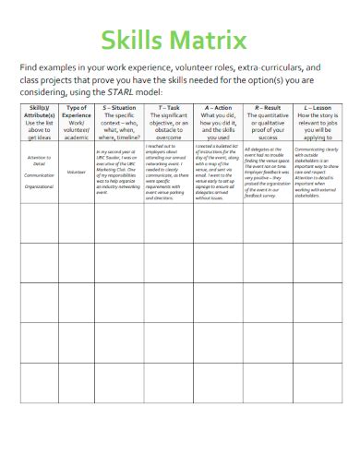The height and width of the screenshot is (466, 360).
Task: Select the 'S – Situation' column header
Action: click(120, 109)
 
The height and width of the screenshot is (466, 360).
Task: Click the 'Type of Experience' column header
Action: click(76, 114)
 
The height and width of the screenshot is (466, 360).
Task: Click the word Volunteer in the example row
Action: click(76, 172)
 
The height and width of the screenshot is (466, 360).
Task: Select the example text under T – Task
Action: click(168, 171)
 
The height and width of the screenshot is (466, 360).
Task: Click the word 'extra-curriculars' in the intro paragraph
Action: click(258, 67)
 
